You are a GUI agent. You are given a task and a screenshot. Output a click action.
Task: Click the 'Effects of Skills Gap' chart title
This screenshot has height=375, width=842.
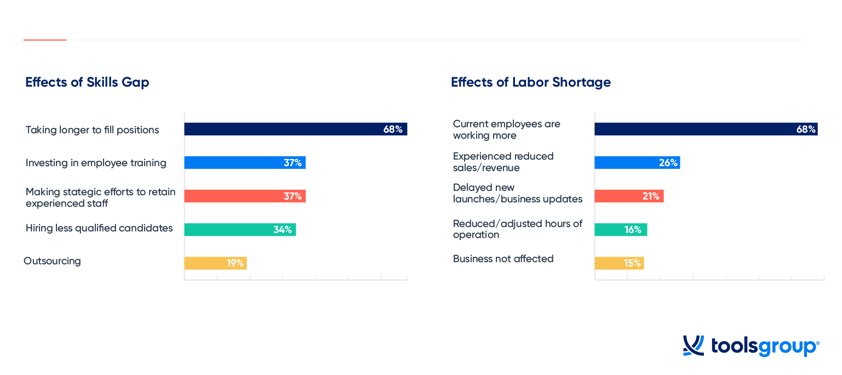(x=87, y=82)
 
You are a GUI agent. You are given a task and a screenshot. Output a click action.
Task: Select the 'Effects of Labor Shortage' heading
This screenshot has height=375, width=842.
(x=531, y=82)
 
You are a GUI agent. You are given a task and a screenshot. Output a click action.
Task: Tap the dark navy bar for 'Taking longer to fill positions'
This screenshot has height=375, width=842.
(x=296, y=129)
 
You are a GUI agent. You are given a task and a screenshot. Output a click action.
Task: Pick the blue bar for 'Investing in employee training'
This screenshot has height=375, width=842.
(x=245, y=162)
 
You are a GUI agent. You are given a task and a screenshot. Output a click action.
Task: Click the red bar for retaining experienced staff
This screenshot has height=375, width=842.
(x=245, y=196)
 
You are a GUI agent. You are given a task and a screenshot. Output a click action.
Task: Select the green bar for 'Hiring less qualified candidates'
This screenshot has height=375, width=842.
(x=240, y=229)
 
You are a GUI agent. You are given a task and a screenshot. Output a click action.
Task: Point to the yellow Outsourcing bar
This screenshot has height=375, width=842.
(x=216, y=263)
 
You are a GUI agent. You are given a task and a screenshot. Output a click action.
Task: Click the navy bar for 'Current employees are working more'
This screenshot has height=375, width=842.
(x=706, y=129)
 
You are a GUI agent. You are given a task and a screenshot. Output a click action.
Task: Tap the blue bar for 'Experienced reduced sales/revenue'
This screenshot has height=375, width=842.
(x=638, y=162)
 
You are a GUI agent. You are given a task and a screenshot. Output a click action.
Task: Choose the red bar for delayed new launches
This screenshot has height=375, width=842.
(x=629, y=196)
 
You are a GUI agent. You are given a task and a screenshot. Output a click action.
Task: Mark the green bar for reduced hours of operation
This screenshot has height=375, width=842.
(x=621, y=229)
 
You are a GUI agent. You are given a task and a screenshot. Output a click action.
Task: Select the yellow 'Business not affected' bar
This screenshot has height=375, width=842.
(x=620, y=263)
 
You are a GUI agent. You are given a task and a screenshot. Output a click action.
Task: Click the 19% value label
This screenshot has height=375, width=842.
(x=236, y=263)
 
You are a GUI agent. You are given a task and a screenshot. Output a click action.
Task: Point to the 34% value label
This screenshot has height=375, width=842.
(x=283, y=229)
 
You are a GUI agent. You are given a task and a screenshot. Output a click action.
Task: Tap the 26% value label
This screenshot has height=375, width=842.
(x=668, y=162)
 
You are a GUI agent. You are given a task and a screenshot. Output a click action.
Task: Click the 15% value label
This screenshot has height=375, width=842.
(x=632, y=263)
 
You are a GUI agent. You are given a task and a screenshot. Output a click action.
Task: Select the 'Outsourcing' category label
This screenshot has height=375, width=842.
(x=52, y=260)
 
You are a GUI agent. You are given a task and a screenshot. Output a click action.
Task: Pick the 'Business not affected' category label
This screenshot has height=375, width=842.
(x=503, y=258)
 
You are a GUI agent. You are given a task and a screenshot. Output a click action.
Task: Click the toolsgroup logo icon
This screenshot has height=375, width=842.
(x=694, y=345)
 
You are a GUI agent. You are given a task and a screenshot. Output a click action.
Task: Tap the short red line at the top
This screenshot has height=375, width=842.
(x=45, y=40)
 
